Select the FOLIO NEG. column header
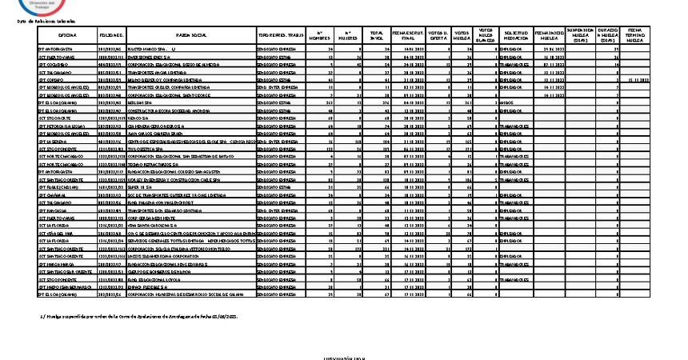(110, 36)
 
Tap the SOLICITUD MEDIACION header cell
(516, 36)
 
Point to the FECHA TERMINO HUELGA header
(638, 36)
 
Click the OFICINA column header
(67, 36)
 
